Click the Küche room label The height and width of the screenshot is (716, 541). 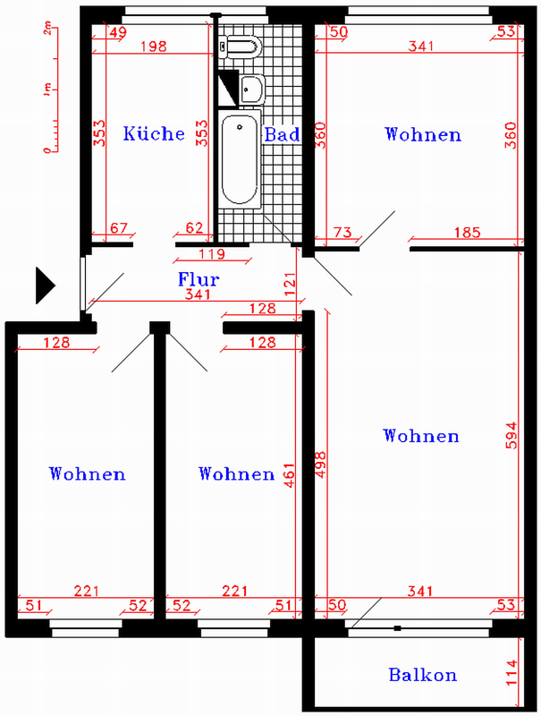pyautogui.click(x=154, y=133)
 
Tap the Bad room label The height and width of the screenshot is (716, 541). pyautogui.click(x=282, y=134)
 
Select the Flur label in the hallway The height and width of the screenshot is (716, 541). pyautogui.click(x=199, y=278)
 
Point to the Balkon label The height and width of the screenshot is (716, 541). pyautogui.click(x=422, y=675)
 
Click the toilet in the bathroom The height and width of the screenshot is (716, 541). pyautogui.click(x=240, y=47)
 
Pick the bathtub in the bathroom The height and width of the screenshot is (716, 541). pyautogui.click(x=240, y=159)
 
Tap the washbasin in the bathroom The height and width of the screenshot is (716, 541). pyautogui.click(x=252, y=89)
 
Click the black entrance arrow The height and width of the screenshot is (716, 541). pyautogui.click(x=46, y=286)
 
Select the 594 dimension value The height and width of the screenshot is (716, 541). pyautogui.click(x=511, y=435)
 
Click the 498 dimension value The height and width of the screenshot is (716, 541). pyautogui.click(x=321, y=465)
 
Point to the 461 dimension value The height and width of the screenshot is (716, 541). pyautogui.click(x=290, y=475)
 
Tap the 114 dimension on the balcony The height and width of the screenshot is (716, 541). pyautogui.click(x=511, y=672)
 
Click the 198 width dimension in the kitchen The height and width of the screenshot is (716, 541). pyautogui.click(x=153, y=47)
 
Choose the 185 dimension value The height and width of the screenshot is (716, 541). pyautogui.click(x=468, y=233)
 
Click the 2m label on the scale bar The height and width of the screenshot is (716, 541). pyautogui.click(x=47, y=30)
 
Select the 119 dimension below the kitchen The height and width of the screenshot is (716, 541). pyautogui.click(x=212, y=253)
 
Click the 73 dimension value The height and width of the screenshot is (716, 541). pyautogui.click(x=342, y=233)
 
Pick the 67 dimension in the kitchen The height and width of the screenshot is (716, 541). pyautogui.click(x=119, y=228)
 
